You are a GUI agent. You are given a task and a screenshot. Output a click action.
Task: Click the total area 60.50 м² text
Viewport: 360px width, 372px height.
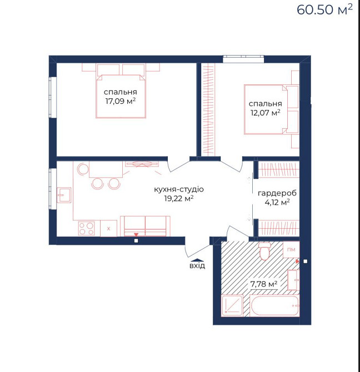coord(324,9)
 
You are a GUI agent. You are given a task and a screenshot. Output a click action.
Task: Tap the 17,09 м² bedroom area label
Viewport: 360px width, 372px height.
coord(121,101)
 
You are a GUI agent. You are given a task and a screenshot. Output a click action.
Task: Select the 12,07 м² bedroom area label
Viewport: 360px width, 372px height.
coord(266,113)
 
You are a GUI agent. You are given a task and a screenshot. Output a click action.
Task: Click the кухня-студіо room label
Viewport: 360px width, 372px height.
coord(179,189)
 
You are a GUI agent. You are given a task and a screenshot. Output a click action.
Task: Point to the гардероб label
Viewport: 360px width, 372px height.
coord(277,193)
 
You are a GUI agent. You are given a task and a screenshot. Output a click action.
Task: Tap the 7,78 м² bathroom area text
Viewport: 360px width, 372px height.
coord(264,284)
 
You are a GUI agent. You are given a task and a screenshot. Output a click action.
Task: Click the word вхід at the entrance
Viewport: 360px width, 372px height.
coord(197,265)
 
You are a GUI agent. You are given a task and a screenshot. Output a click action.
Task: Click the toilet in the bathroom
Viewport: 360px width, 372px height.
coord(264,252)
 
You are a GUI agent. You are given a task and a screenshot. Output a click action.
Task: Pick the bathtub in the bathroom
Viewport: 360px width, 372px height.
coord(274,306)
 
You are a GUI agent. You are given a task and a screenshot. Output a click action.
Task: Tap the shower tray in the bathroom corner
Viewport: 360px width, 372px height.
coord(232,305)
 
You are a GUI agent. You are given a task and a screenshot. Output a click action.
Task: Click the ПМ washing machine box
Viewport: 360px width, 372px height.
coord(291,250)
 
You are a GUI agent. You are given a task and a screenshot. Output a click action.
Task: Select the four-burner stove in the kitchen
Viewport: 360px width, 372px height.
coord(86,228)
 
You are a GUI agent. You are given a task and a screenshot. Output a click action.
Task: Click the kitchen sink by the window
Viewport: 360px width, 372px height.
coord(64,195)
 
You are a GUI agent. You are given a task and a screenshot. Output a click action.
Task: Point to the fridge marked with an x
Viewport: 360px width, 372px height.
coord(109,228)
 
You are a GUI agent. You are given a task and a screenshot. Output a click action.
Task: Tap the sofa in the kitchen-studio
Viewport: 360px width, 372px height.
coord(145,226)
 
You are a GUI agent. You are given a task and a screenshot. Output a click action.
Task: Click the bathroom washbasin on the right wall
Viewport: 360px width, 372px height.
coord(293,280)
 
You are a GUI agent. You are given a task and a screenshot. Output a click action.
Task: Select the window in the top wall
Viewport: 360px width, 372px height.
coord(243,59)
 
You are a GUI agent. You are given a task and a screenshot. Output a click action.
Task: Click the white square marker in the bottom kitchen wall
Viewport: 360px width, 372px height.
coord(136,241)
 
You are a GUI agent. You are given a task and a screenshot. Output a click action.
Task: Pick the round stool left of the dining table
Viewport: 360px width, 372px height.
coord(83,169)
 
